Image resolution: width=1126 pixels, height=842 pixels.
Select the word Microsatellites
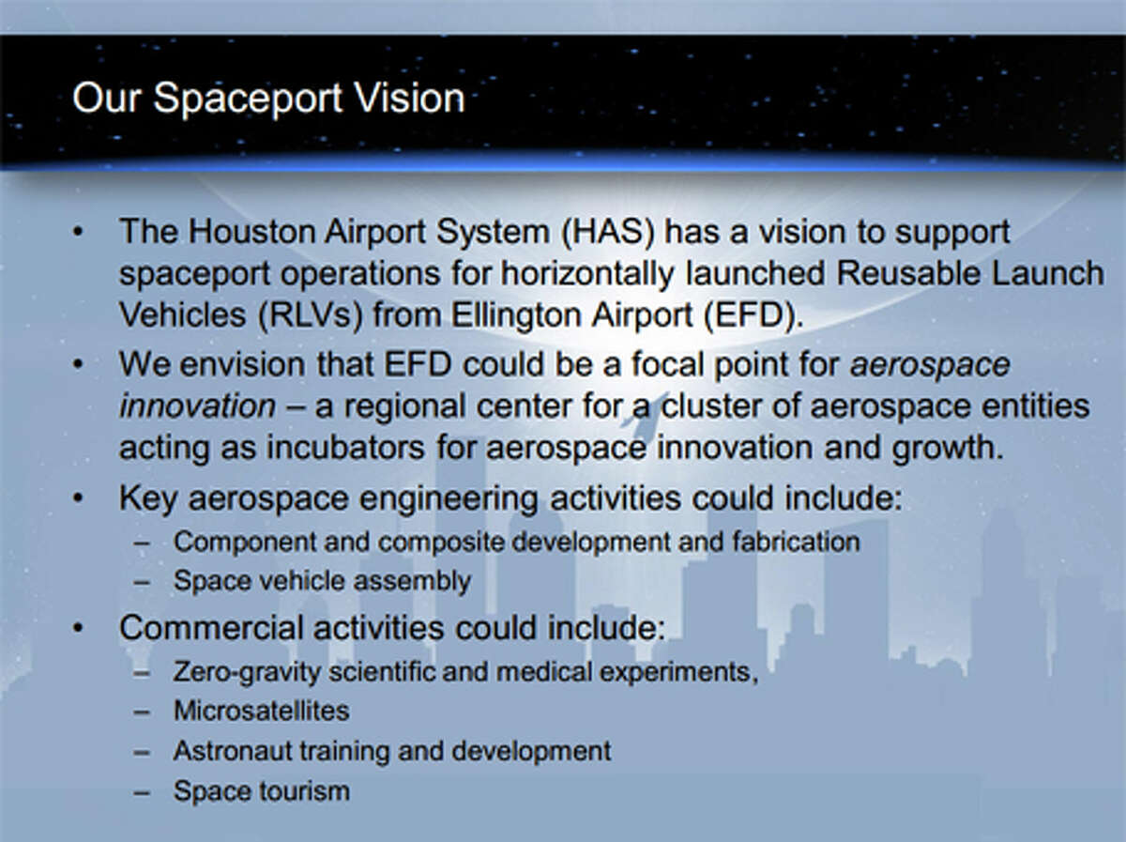tap(261, 711)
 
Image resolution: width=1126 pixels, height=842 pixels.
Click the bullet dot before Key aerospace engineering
tap(82, 498)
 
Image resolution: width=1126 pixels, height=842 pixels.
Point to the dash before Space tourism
tap(142, 791)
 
